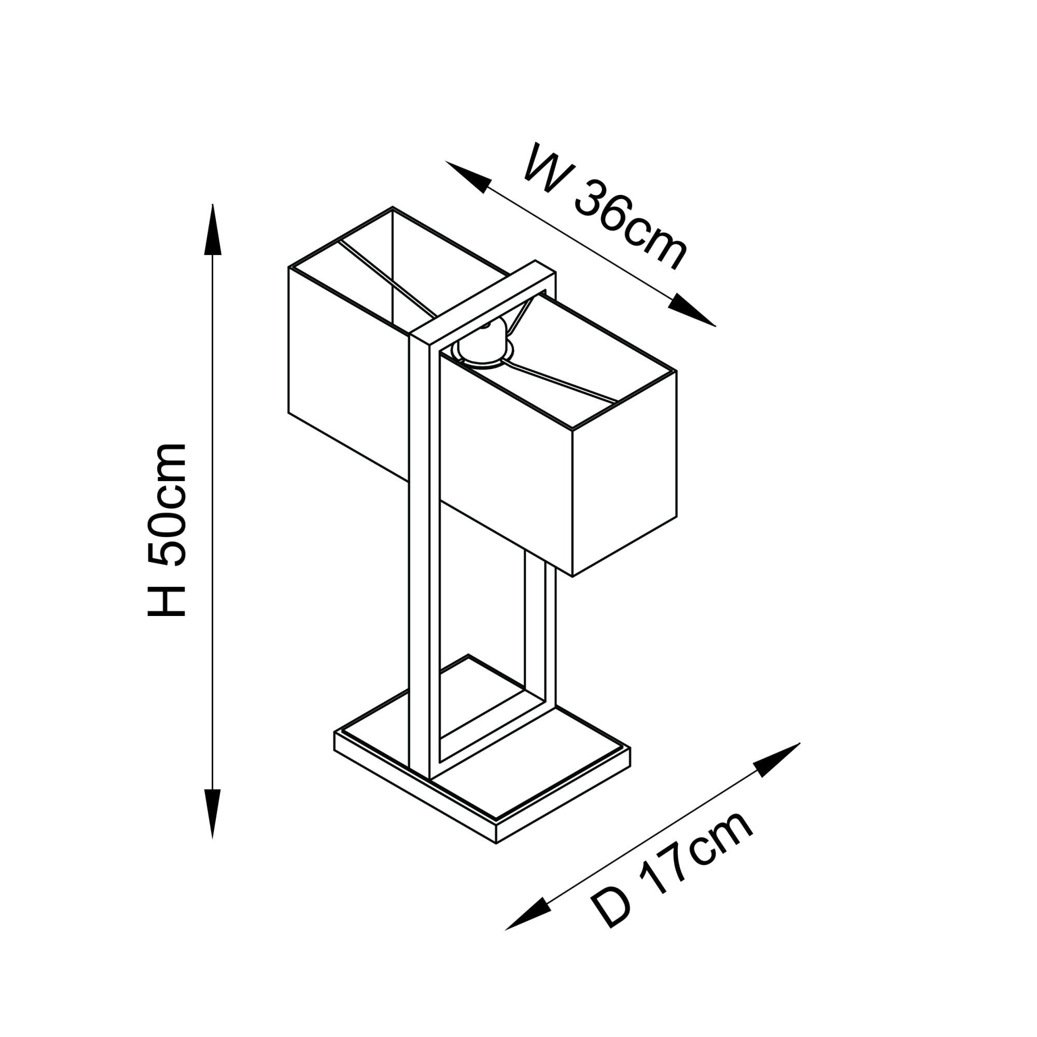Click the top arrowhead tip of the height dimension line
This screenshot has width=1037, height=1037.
pyautogui.click(x=213, y=204)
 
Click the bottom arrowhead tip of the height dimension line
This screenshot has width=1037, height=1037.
pyautogui.click(x=213, y=839)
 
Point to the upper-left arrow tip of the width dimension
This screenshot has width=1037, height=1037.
pyautogui.click(x=445, y=161)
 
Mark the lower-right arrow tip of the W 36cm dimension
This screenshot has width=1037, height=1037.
pyautogui.click(x=716, y=326)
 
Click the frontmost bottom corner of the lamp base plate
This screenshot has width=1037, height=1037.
pyautogui.click(x=496, y=844)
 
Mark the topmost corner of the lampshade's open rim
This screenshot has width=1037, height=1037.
pyautogui.click(x=393, y=207)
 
